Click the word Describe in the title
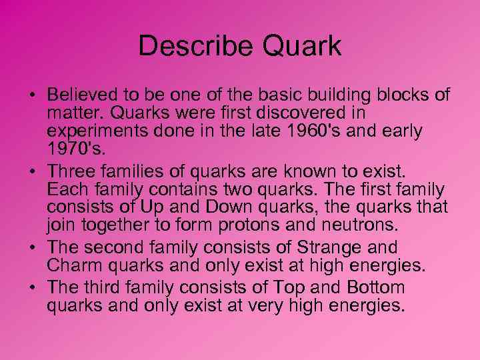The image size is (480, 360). [192, 47]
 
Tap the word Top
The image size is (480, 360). [306, 289]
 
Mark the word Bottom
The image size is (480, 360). [373, 289]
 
